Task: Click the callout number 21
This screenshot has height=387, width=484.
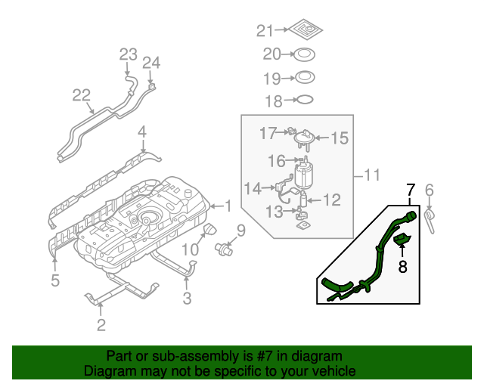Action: coord(263,30)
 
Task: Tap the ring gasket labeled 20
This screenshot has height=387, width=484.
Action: coord(304,54)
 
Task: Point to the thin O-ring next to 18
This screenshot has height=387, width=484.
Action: coord(302,100)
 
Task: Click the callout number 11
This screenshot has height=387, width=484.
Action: coord(370,176)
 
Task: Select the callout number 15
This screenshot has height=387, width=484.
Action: coord(339,138)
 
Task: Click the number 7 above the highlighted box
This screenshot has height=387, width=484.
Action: coord(411,189)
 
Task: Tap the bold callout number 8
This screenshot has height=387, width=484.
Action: coord(402,266)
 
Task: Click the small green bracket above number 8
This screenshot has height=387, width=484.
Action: coord(402,242)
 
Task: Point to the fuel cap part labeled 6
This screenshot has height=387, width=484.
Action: coord(431,219)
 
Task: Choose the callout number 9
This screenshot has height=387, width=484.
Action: coord(240,230)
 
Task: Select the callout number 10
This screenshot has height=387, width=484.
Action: coord(189,249)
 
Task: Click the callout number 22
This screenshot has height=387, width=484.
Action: coord(82,95)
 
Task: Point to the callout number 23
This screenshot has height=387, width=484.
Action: coord(128,54)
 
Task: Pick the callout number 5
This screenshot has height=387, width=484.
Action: coord(54,281)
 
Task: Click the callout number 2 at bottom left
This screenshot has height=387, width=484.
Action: coord(100,326)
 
